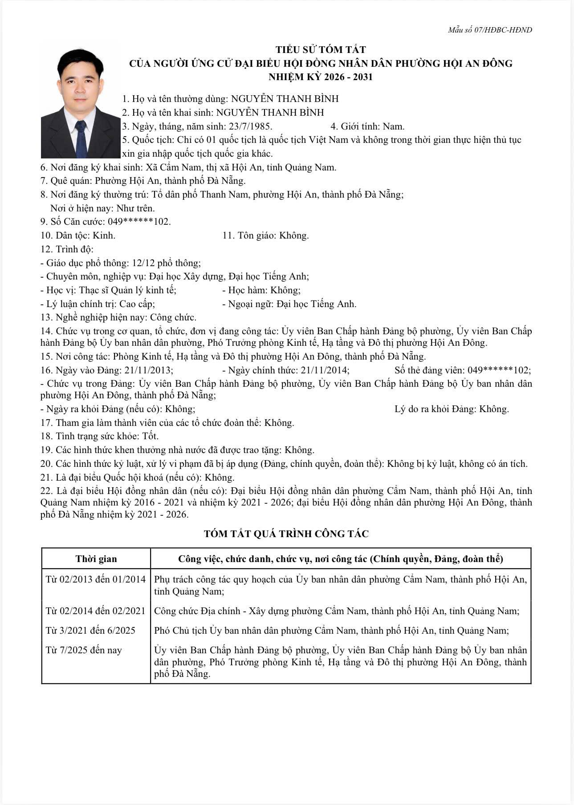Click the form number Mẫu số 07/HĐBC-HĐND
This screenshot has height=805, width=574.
tap(490, 30)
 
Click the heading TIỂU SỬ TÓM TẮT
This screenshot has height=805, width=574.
tap(321, 49)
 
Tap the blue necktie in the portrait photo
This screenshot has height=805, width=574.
tap(81, 138)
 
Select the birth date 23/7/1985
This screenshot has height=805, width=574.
tap(250, 126)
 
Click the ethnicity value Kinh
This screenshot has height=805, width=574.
tap(104, 235)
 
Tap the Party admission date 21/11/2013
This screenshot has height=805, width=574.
tap(149, 370)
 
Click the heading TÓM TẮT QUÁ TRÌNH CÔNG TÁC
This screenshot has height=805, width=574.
tap(286, 534)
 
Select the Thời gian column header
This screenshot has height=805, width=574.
tap(96, 559)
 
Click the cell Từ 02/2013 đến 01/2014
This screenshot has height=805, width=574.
tap(96, 579)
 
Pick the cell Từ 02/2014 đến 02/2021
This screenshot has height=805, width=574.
tap(96, 611)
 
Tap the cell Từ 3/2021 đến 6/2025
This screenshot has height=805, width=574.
tap(90, 631)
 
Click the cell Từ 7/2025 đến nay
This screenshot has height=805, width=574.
tap(84, 650)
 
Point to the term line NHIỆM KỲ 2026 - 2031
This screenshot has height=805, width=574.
tap(321, 77)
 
